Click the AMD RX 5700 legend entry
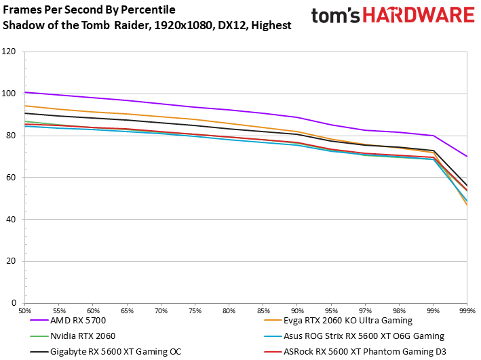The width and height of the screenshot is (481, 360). pos(68,321)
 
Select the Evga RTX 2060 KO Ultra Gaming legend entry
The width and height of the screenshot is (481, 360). pos(338,321)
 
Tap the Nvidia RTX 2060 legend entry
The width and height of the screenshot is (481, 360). pos(73,336)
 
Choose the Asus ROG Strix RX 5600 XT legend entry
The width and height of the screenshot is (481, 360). pos(354,336)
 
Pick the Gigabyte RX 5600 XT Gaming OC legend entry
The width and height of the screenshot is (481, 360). pos(106,352)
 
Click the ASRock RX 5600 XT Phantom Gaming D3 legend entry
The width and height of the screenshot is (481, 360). pos(355,352)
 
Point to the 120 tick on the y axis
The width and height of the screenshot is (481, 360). pos(9,52)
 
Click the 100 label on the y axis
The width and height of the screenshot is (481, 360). pos(9,94)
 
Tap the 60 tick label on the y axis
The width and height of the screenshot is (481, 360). pos(11,177)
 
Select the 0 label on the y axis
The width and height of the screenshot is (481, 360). pos(14,303)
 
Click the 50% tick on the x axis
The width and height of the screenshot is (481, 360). pos(25,311)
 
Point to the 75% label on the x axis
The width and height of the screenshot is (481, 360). pos(195,311)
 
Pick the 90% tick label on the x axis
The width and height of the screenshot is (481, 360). pos(297,311)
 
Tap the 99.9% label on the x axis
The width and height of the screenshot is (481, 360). pos(467,311)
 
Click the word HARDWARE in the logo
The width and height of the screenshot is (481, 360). pos(419,16)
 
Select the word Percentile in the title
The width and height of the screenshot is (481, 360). pos(148,9)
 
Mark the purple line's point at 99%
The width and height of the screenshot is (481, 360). pos(433,136)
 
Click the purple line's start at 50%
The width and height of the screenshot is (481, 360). pos(25,92)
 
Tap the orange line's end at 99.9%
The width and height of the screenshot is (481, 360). pos(467,205)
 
